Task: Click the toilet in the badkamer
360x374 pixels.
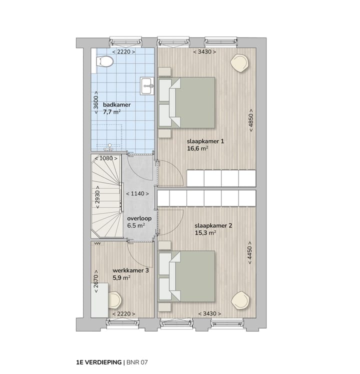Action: [104, 61]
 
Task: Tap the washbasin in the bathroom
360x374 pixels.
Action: [148, 86]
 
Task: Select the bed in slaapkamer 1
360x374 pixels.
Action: [192, 102]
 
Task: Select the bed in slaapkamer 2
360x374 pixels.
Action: [192, 276]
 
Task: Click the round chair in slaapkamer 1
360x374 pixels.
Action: [238, 62]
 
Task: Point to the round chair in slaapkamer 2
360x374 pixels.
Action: [240, 300]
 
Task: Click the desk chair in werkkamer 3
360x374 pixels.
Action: [114, 300]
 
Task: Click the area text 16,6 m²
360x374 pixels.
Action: [198, 148]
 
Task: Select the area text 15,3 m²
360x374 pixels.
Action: [205, 232]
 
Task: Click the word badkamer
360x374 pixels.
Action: [116, 104]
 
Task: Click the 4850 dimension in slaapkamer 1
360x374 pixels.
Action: [250, 120]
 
